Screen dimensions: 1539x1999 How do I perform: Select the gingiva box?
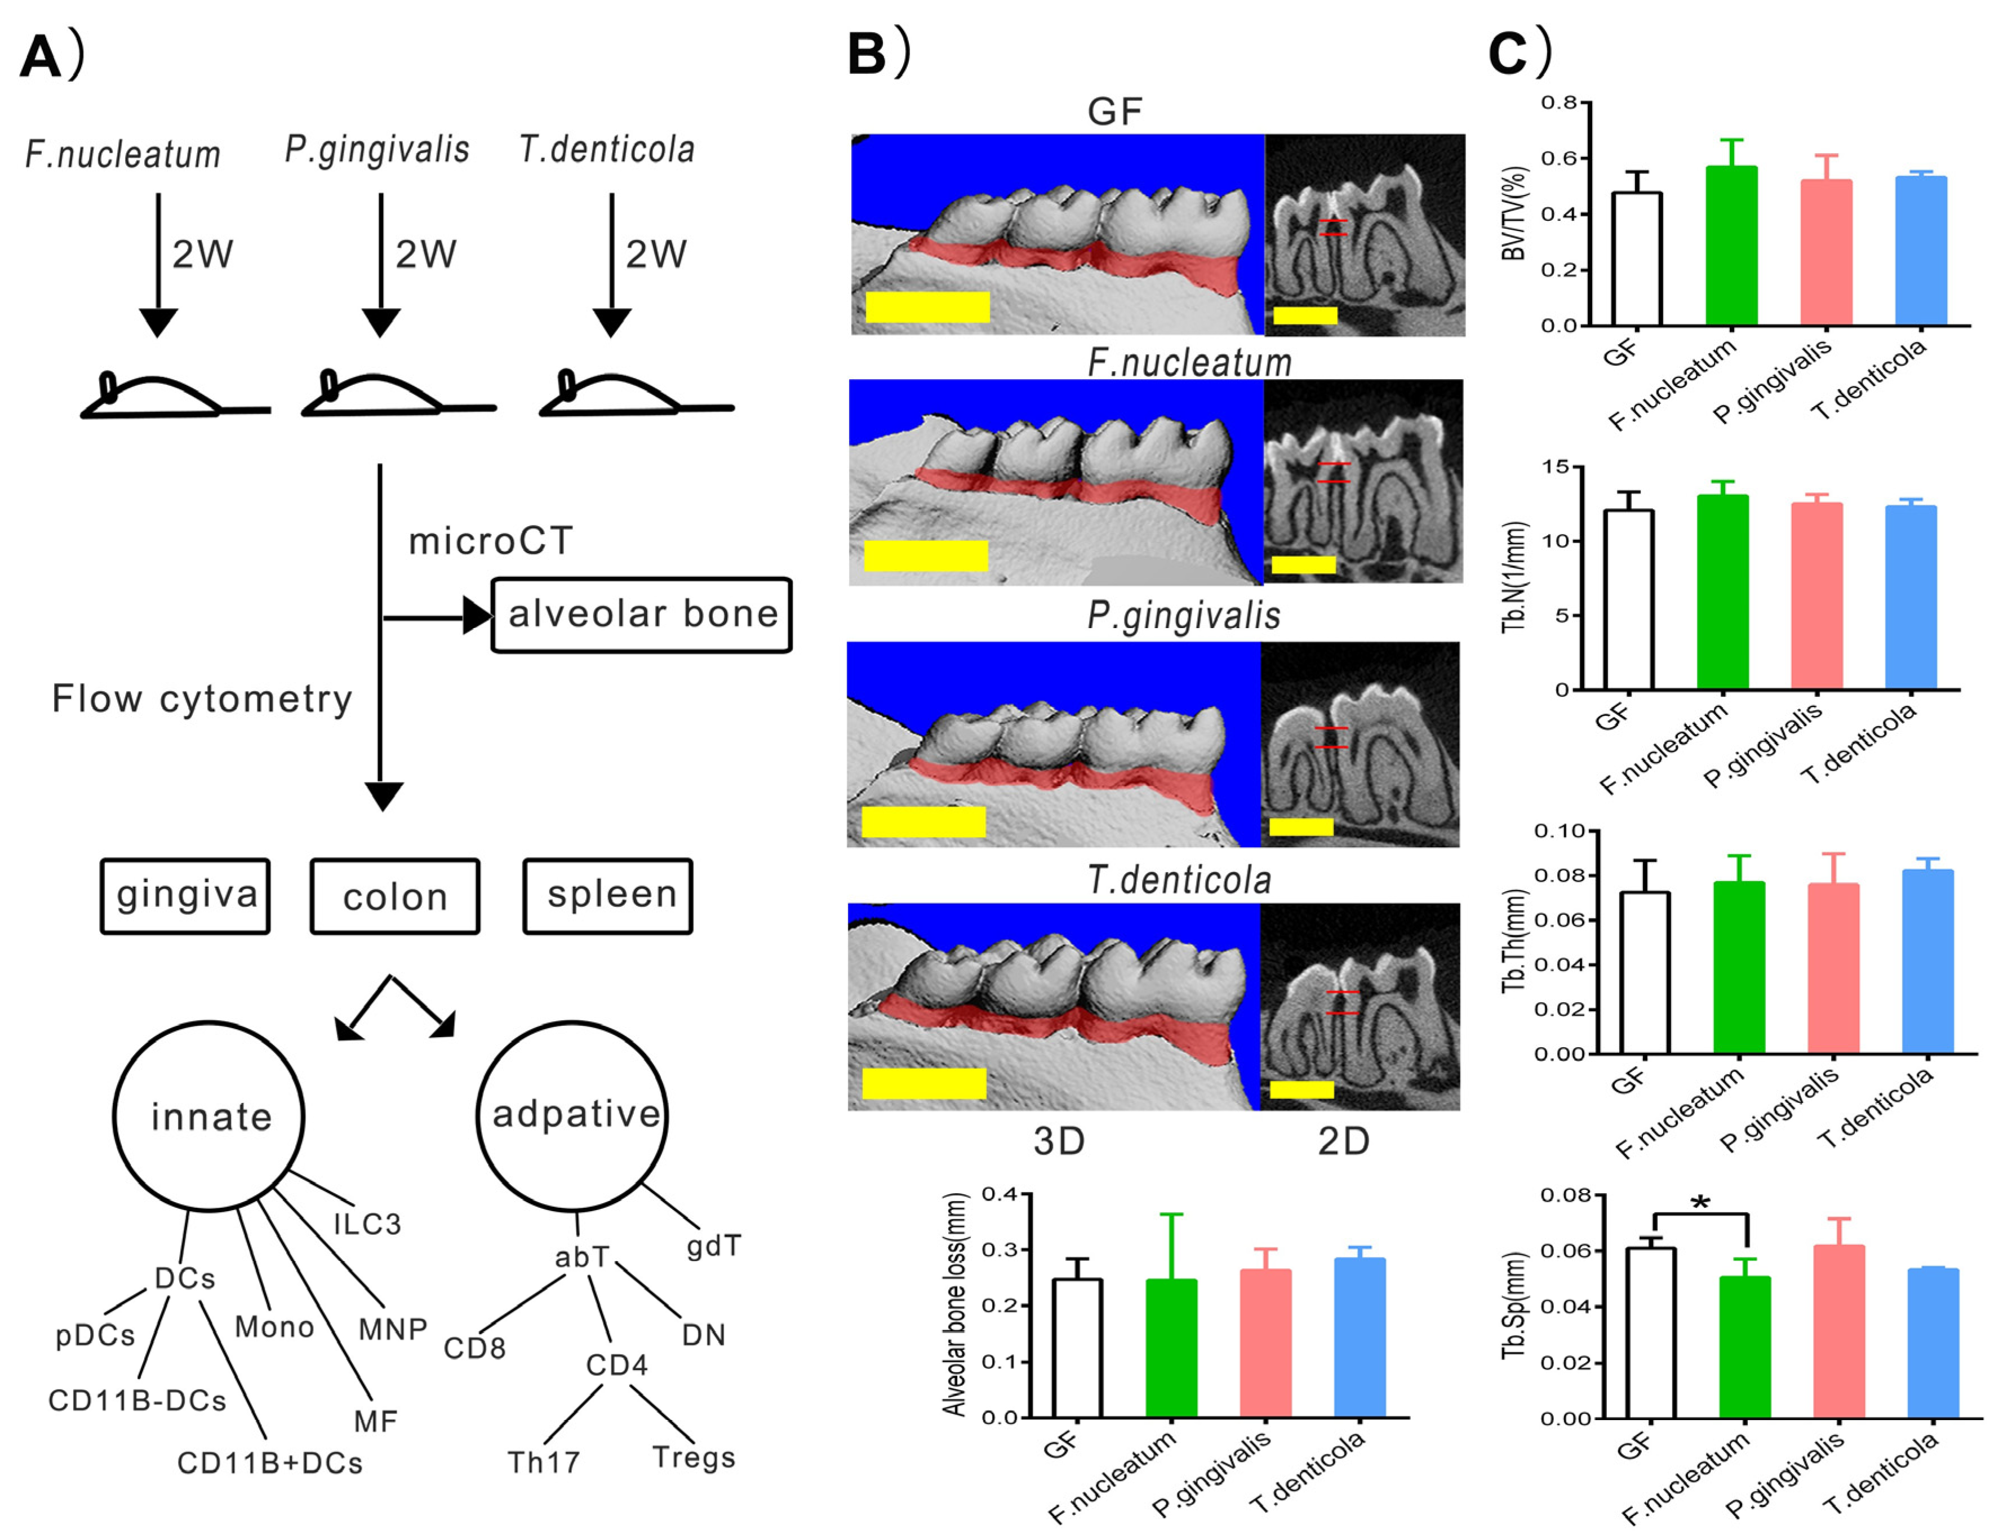(x=186, y=896)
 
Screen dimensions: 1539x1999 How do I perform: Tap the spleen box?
(x=608, y=896)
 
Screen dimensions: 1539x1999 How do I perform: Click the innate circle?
(x=210, y=1117)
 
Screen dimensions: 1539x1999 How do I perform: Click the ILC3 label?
(x=367, y=1224)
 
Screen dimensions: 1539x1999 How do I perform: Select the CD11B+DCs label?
(x=270, y=1463)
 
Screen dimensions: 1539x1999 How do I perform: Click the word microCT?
(x=491, y=541)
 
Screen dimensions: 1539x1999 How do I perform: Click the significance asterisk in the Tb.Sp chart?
(x=1700, y=1203)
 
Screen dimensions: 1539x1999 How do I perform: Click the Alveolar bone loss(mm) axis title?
(x=956, y=1304)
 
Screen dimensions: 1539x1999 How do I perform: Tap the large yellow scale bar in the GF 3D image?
(x=927, y=306)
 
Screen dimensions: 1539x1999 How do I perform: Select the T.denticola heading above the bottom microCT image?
(x=1179, y=880)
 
